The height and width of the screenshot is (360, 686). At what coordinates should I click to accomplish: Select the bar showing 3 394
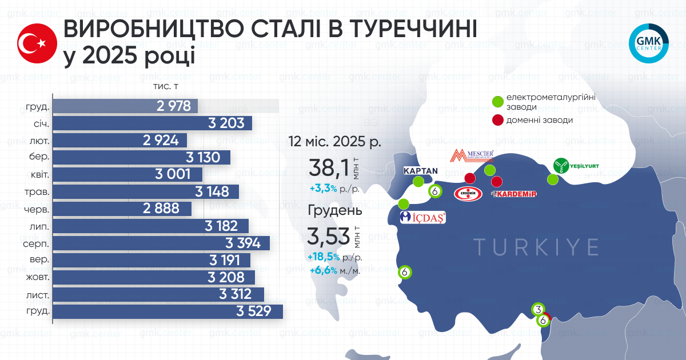(x=161, y=243)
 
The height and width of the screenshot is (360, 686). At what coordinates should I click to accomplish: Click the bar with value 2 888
(x=122, y=209)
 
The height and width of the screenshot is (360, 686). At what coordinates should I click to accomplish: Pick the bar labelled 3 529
(x=168, y=311)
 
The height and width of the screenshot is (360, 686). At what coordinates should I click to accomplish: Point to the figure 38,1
(x=328, y=169)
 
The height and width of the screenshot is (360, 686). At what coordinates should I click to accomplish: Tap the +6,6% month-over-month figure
(x=323, y=271)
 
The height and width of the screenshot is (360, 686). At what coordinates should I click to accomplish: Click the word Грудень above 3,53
(x=335, y=210)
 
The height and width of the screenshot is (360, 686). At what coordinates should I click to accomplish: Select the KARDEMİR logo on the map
(x=514, y=195)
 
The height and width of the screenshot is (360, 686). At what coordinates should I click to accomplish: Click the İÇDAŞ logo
(x=422, y=217)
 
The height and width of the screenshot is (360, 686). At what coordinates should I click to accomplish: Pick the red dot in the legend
(x=498, y=120)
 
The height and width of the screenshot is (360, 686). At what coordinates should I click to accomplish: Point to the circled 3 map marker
(x=538, y=309)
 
